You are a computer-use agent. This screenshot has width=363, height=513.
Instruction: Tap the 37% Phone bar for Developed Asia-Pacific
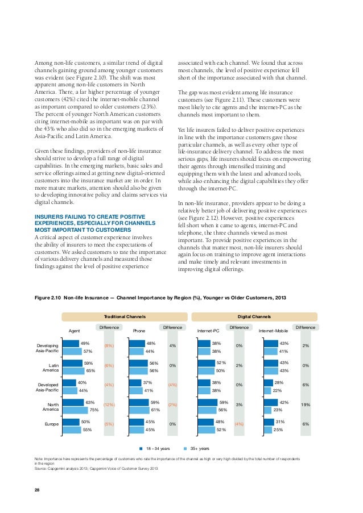pyautogui.click(x=135, y=383)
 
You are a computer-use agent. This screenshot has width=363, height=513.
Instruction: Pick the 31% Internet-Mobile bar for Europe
pyautogui.click(x=269, y=422)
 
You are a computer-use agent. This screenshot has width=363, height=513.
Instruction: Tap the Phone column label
pyautogui.click(x=139, y=330)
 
